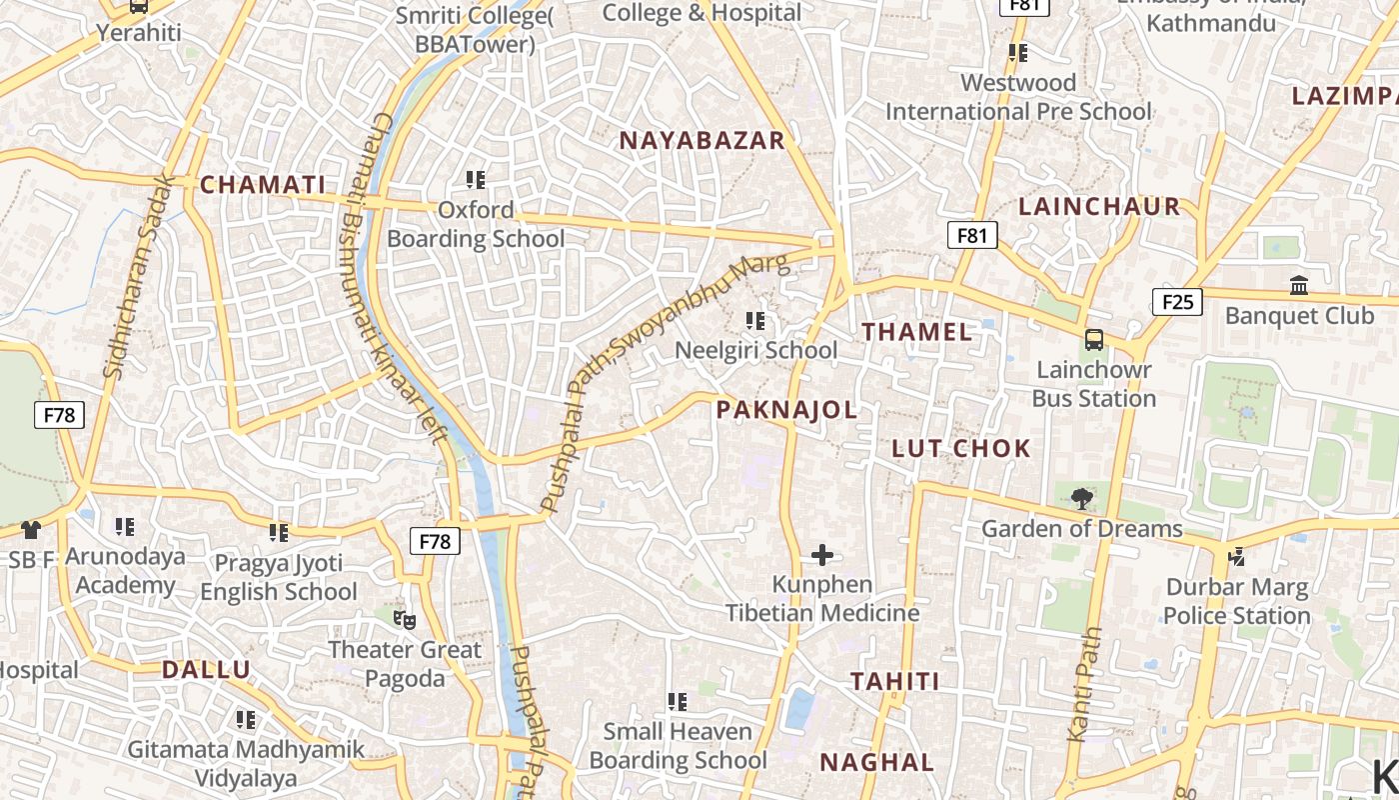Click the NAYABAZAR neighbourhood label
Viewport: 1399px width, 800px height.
pos(701,140)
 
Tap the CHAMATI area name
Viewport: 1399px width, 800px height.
pos(263,185)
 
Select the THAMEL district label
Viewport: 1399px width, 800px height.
pos(916,332)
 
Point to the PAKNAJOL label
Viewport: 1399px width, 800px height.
pos(786,409)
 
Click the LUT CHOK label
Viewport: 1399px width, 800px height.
pos(960,448)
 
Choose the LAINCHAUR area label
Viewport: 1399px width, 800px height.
pos(1099,207)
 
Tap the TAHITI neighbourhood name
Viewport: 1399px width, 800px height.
pos(894,681)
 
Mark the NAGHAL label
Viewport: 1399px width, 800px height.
pos(876,762)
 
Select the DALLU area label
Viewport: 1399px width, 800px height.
pos(206,670)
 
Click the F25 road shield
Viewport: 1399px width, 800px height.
pos(1176,301)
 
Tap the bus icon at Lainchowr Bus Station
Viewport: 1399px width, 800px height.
pos(1094,340)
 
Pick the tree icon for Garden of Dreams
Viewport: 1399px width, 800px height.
pos(1080,498)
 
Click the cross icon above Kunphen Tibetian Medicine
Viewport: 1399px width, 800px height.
pos(822,554)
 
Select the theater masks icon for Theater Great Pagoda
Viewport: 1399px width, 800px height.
pos(404,620)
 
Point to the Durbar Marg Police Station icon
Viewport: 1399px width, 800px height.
pos(1236,557)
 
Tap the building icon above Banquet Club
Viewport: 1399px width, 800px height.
pos(1298,286)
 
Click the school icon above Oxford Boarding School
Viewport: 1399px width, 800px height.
pos(476,180)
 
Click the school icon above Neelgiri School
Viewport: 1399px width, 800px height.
pos(755,321)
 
